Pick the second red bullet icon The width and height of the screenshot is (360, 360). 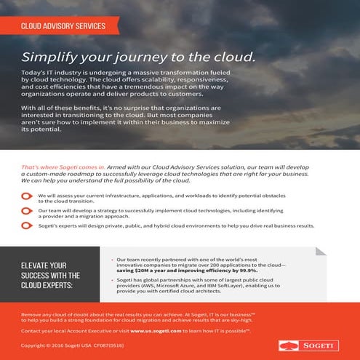tap(27, 211)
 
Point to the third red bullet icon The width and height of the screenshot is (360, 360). tap(27, 226)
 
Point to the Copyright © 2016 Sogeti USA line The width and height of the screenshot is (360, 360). tap(61, 346)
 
